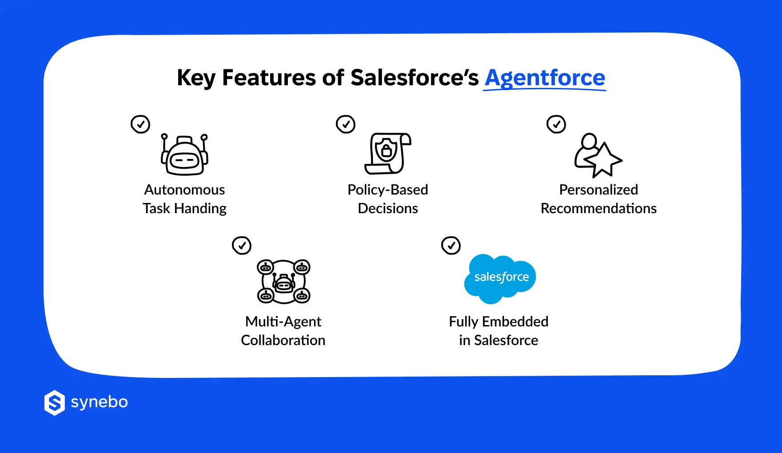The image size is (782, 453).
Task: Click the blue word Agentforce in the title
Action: tap(545, 78)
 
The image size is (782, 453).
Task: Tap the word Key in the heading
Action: tap(196, 78)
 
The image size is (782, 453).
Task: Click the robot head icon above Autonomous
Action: tap(184, 155)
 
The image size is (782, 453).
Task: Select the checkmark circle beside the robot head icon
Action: tap(140, 124)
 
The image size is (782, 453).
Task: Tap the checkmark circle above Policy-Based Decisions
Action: tap(346, 124)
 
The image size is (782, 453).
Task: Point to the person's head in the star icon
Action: tap(590, 141)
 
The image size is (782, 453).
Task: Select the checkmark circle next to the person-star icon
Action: tap(556, 124)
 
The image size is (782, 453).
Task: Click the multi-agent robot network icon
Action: tap(283, 282)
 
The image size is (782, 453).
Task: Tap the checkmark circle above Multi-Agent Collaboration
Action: tap(242, 246)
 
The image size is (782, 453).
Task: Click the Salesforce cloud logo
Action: tap(500, 278)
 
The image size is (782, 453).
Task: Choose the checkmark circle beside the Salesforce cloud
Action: tap(451, 246)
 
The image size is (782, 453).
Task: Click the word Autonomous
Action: tap(184, 190)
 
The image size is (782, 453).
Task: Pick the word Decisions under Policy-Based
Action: tap(387, 209)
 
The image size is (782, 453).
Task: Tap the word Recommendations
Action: tap(598, 209)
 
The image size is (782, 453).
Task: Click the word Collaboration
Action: tap(283, 341)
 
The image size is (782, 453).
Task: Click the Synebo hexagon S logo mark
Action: tap(55, 403)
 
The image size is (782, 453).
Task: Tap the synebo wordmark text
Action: tap(100, 402)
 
